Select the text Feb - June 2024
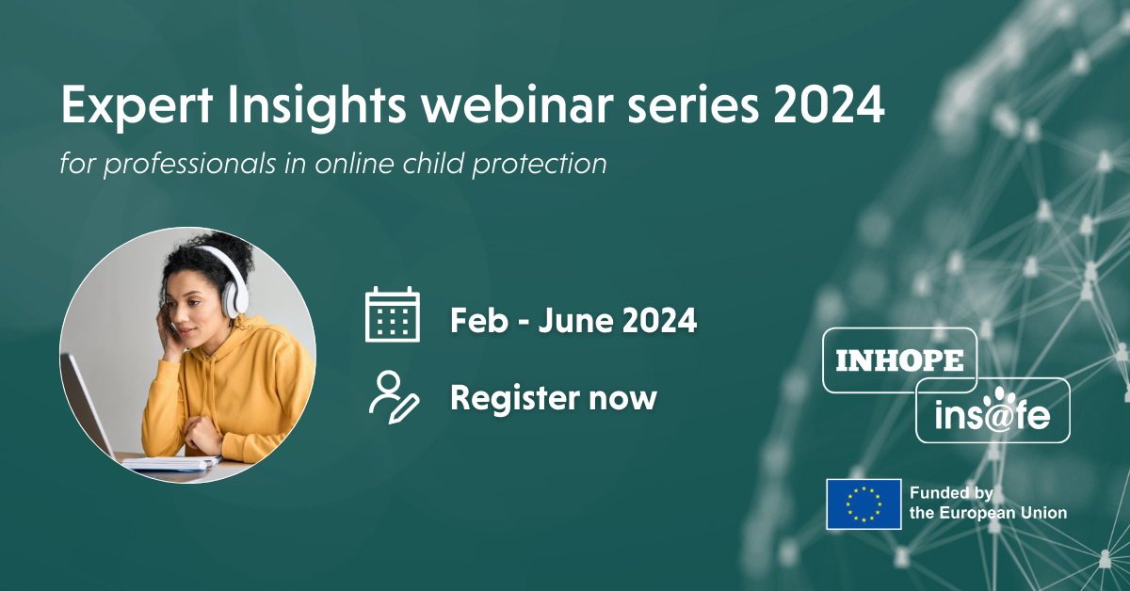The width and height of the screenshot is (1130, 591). pyautogui.click(x=573, y=321)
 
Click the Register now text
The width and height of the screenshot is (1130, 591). pyautogui.click(x=553, y=398)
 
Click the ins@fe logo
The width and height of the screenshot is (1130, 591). pyautogui.click(x=993, y=411)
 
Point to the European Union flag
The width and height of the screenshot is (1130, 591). pyautogui.click(x=864, y=503)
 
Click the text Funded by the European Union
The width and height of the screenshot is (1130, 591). pyautogui.click(x=988, y=503)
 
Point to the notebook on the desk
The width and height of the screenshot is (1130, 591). pyautogui.click(x=169, y=462)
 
